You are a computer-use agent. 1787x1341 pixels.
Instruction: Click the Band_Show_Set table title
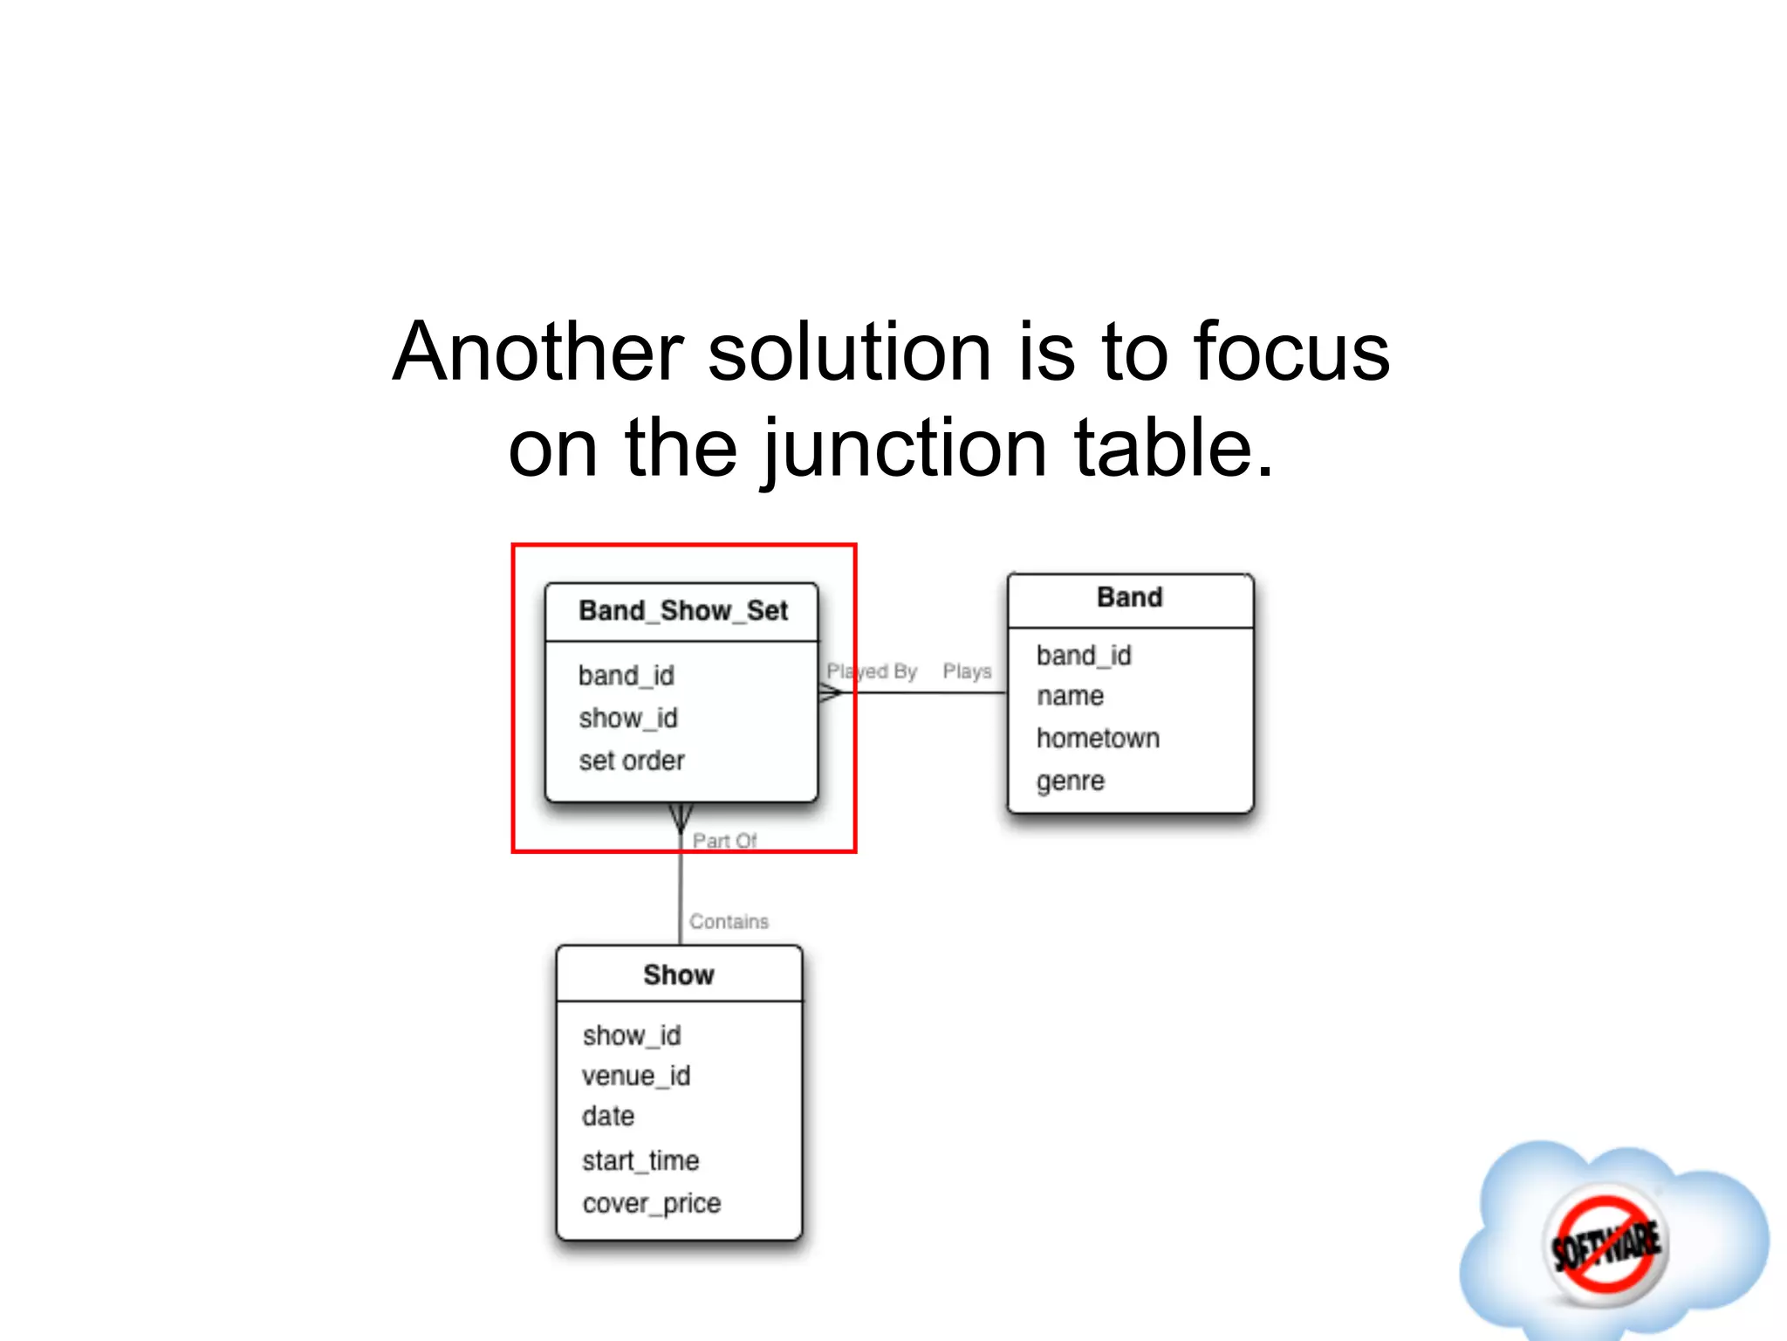pos(683,611)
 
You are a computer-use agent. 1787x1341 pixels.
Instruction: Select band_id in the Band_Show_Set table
pos(626,676)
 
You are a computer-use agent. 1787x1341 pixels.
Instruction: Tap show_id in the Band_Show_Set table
pos(628,719)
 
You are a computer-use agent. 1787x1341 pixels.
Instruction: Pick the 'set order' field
pos(632,760)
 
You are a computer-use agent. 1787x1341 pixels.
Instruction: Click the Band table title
pos(1130,598)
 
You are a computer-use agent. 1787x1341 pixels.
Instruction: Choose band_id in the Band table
pos(1084,656)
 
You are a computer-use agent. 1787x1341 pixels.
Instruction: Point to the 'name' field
pos(1070,697)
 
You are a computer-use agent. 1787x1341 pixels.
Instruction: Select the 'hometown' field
pos(1098,739)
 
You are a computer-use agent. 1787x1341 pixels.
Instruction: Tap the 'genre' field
pos(1071,781)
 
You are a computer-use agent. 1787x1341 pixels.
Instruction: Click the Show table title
pos(679,975)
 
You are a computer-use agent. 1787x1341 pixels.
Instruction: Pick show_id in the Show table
pos(632,1035)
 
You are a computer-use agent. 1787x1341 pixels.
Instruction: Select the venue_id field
pos(636,1076)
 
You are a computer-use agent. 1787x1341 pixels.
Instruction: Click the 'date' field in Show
pos(608,1117)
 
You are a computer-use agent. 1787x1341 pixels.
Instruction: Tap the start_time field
pos(640,1161)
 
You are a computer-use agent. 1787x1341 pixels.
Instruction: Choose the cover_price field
pos(652,1204)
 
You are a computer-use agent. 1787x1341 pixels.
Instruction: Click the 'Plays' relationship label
pos(967,671)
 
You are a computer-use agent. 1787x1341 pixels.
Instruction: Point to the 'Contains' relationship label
pos(729,922)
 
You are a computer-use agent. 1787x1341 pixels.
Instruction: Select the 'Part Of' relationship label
pos(724,841)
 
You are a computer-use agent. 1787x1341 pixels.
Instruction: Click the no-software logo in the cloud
pos(1606,1243)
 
